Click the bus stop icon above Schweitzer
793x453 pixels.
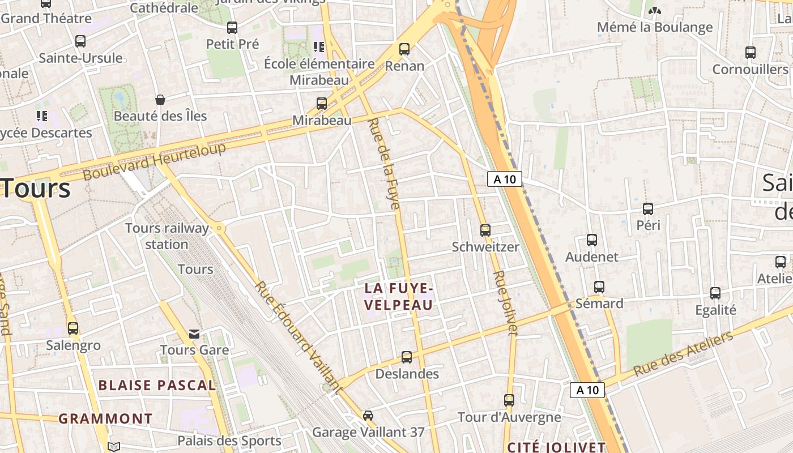coord(485,230)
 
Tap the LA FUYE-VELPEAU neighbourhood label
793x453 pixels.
coord(399,297)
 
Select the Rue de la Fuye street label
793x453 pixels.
coord(385,164)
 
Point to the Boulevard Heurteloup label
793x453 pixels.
coord(155,161)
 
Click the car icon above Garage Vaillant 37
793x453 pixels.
coord(368,415)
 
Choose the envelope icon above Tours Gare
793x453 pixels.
coord(194,334)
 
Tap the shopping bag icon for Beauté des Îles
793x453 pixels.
coord(160,100)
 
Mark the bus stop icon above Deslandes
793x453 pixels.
coord(407,357)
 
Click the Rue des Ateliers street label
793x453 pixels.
coord(683,354)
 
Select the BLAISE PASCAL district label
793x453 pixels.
coord(157,386)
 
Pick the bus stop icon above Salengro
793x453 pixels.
coord(73,328)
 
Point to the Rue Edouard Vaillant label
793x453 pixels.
coord(299,337)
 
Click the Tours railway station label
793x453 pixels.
coord(167,236)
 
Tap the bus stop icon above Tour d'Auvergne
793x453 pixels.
coord(509,400)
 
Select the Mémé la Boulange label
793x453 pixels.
coord(655,27)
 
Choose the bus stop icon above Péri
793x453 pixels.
coord(648,208)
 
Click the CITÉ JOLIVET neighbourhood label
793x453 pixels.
coord(556,447)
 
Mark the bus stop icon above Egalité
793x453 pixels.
coord(715,293)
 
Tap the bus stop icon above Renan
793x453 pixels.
coord(404,49)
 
